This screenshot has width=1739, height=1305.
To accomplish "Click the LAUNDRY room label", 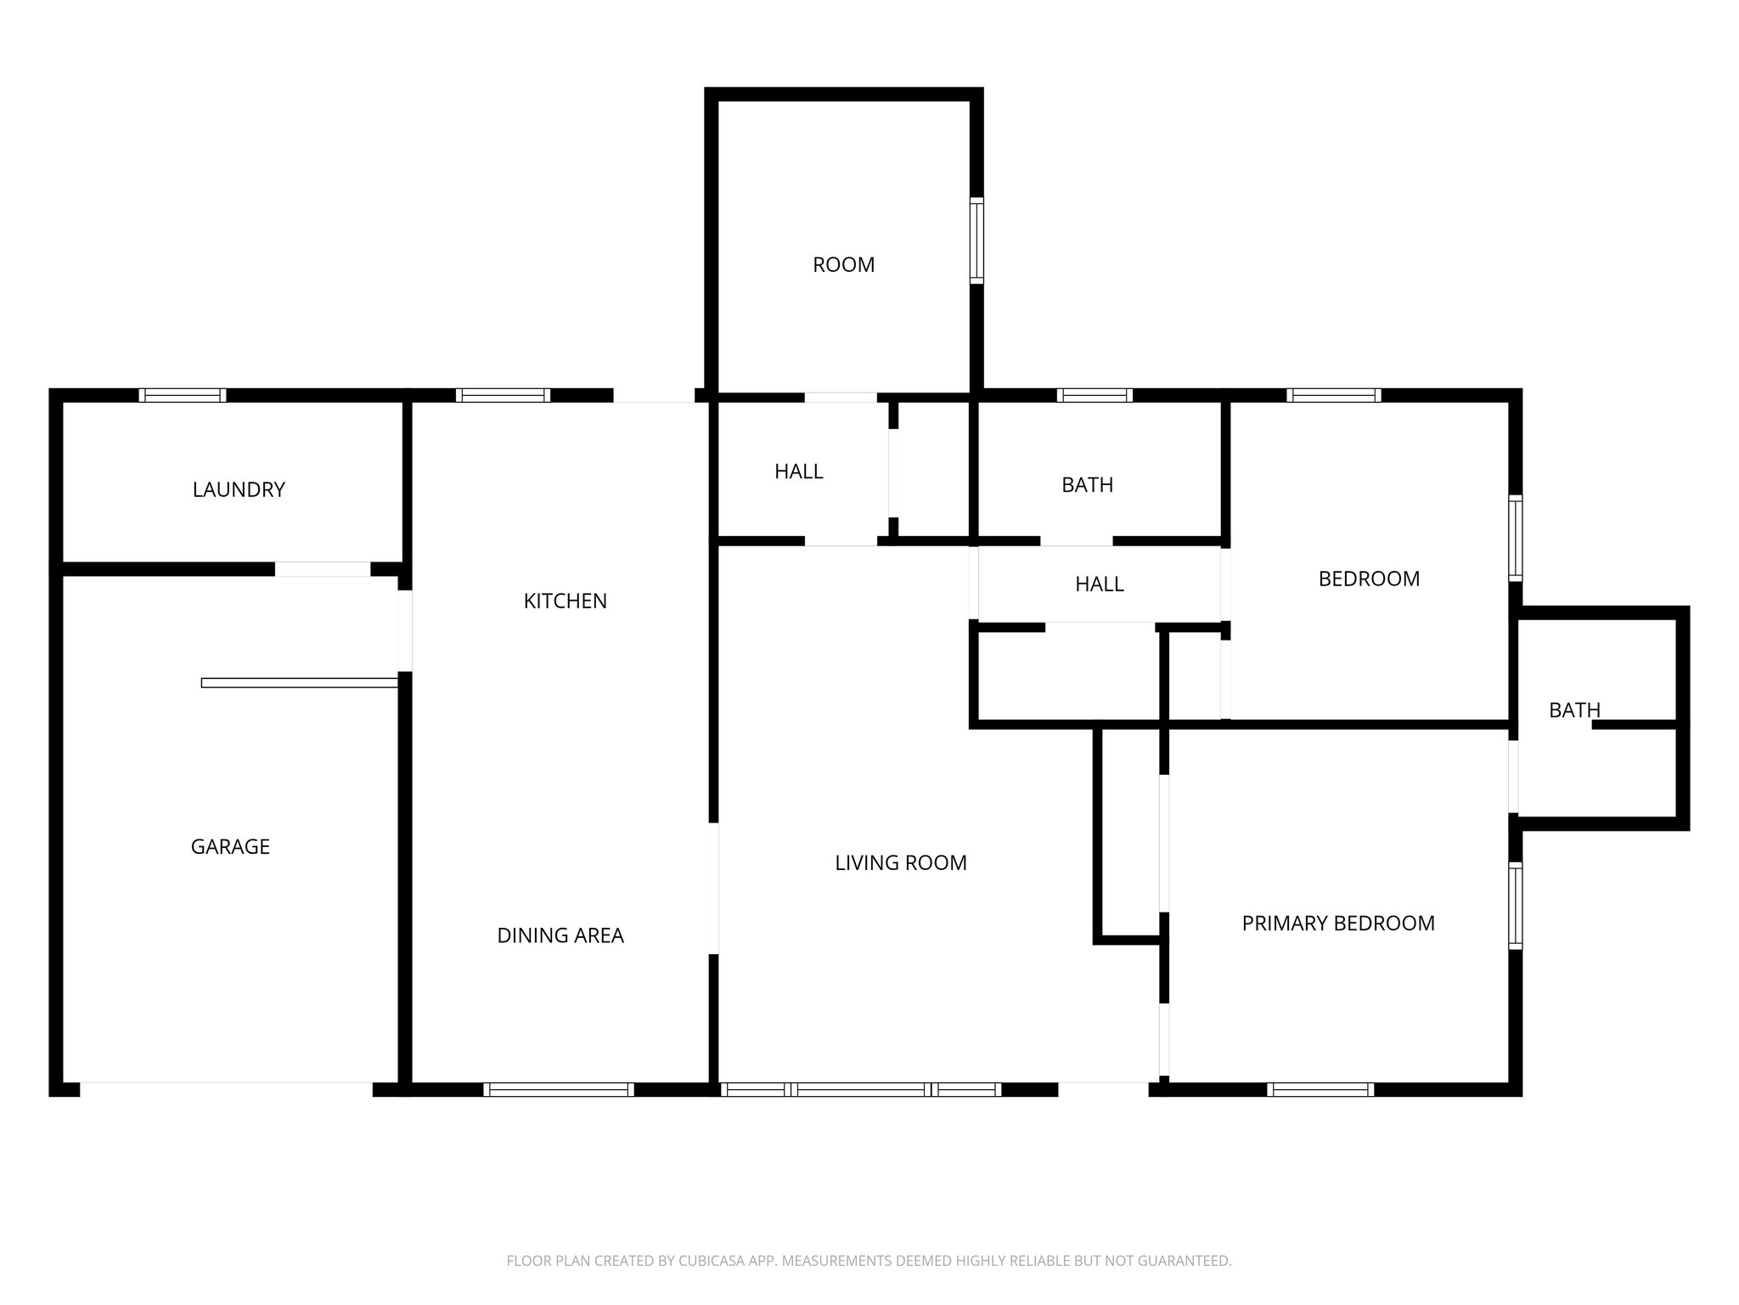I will pos(239,489).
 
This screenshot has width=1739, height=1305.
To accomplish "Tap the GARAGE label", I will pos(230,846).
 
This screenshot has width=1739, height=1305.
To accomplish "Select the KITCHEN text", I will pos(565,601).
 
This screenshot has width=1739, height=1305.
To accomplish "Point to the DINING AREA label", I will pos(560,935).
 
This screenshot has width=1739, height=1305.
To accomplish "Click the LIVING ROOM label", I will pos(900,862).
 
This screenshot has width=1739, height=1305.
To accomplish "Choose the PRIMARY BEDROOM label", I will pos(1337,923).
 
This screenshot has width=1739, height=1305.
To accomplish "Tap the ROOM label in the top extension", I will pos(843,264).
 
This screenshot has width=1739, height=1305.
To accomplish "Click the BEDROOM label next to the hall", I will pos(1368,579).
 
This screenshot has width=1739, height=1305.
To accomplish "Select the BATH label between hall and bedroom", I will pos(1087,484).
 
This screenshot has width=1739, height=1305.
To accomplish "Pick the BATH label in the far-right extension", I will pos(1573,709).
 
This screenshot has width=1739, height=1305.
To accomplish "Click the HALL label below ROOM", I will pos(798,471).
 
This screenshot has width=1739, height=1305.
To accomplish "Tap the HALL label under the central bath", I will pos(1099,584).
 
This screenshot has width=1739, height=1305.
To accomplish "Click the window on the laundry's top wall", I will pos(183,395).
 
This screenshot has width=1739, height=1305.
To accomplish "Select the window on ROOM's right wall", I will pos(976,240).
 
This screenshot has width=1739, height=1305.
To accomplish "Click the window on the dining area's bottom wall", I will pos(559,1089).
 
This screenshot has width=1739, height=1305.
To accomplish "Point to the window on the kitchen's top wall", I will pos(503,395).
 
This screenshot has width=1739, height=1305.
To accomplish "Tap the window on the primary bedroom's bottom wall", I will pos(1320,1089).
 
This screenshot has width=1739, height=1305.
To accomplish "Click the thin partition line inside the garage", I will pos(299,682).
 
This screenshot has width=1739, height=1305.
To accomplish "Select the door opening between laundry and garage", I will pos(323,569).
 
